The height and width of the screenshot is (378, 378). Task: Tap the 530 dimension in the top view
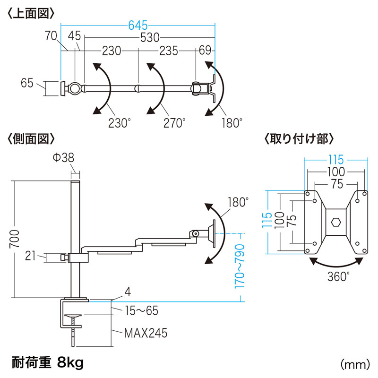(149, 37)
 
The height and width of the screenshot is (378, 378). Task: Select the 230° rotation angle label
(118, 123)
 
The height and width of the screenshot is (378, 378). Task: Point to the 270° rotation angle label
(173, 123)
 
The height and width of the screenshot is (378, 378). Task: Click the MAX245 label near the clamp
(146, 334)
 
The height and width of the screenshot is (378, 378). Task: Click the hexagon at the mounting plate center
(336, 221)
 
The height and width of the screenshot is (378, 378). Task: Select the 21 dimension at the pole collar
(30, 256)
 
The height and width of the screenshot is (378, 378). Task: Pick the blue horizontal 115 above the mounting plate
(336, 160)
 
